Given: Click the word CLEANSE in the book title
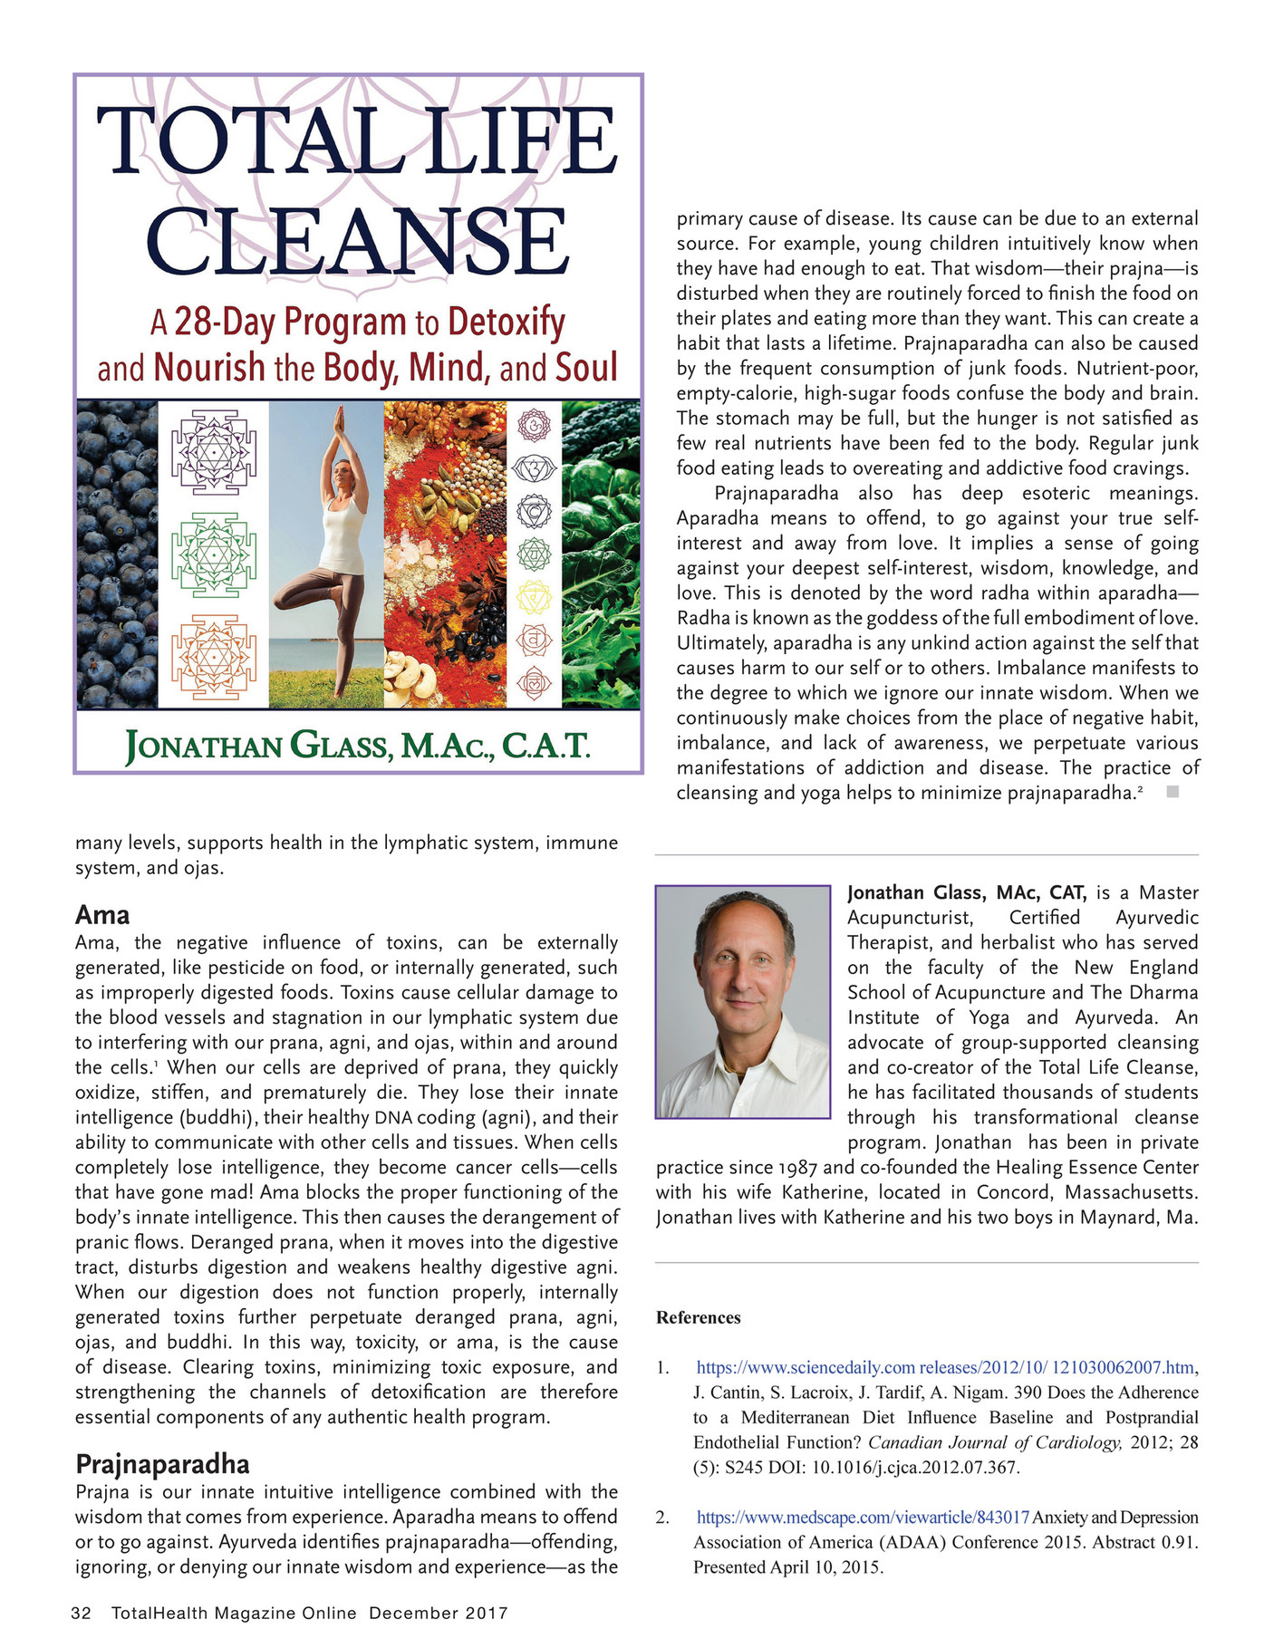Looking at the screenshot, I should coord(356,242).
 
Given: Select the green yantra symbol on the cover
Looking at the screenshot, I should coord(214,554).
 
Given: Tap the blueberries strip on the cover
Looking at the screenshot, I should coord(117,554).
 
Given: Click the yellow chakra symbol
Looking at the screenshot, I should coord(534,597).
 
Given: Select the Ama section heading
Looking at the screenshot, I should coord(102,914).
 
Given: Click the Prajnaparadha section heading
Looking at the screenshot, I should coord(162,1464).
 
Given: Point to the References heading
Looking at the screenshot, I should coord(698,1317).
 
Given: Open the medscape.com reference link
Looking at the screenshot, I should coord(863,1517).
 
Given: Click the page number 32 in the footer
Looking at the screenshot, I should coord(82,1613).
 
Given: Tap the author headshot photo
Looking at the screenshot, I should coord(743,1001).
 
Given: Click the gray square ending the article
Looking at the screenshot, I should coord(1172,792).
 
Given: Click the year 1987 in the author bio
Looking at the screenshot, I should coord(798,1167).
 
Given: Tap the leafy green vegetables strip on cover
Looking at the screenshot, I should coord(601,554).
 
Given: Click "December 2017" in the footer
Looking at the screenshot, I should coord(439,1613).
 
